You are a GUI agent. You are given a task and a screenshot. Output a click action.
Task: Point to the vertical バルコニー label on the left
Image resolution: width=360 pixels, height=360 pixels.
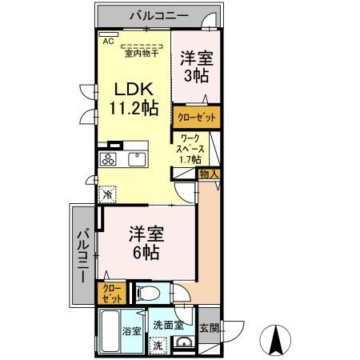(x=83, y=254)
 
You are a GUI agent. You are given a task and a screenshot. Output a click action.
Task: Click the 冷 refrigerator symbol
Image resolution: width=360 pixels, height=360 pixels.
(x=106, y=194)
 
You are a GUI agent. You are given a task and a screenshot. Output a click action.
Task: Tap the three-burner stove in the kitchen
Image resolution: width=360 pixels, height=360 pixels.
(x=108, y=159)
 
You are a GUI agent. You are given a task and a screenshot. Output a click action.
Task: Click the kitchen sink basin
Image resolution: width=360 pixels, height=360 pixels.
(x=134, y=158)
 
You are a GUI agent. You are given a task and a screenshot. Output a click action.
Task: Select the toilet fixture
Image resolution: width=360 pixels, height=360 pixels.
(x=146, y=294)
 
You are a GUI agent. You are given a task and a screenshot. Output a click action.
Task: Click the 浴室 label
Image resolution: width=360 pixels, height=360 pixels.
(x=131, y=330)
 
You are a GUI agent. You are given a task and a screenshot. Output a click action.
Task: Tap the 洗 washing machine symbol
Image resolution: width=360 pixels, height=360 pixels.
(x=158, y=346)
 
